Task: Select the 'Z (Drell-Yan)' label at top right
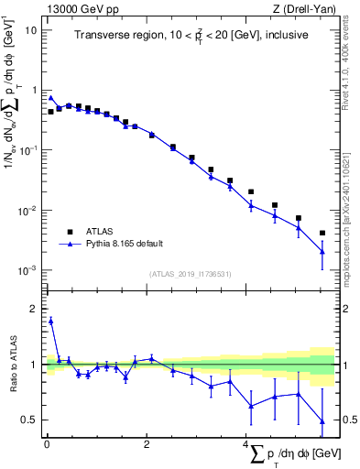(x=305, y=9)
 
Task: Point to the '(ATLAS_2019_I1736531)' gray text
(x=191, y=274)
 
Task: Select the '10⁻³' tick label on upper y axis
(x=27, y=271)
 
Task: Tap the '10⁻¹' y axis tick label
(x=27, y=151)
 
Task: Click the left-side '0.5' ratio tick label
(x=29, y=420)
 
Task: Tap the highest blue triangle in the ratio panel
(x=51, y=321)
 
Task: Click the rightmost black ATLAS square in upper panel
(x=322, y=233)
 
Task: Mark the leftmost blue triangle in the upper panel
(x=51, y=98)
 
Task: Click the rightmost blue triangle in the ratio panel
(x=322, y=421)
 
